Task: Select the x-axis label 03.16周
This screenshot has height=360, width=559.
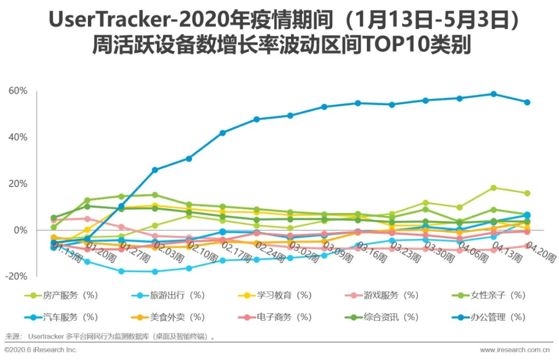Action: (x=371, y=250)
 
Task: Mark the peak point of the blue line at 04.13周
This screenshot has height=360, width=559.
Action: (x=493, y=94)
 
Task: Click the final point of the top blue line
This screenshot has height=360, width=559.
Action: (x=527, y=103)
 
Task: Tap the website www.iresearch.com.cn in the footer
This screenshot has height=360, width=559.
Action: (x=514, y=350)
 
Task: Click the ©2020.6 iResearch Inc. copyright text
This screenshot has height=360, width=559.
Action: (x=41, y=350)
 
